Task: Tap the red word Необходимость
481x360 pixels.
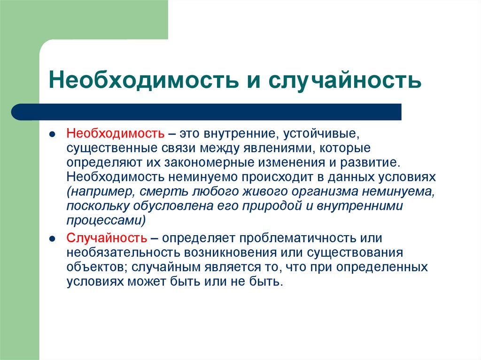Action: pos(115,135)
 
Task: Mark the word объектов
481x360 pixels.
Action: pos(92,267)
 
